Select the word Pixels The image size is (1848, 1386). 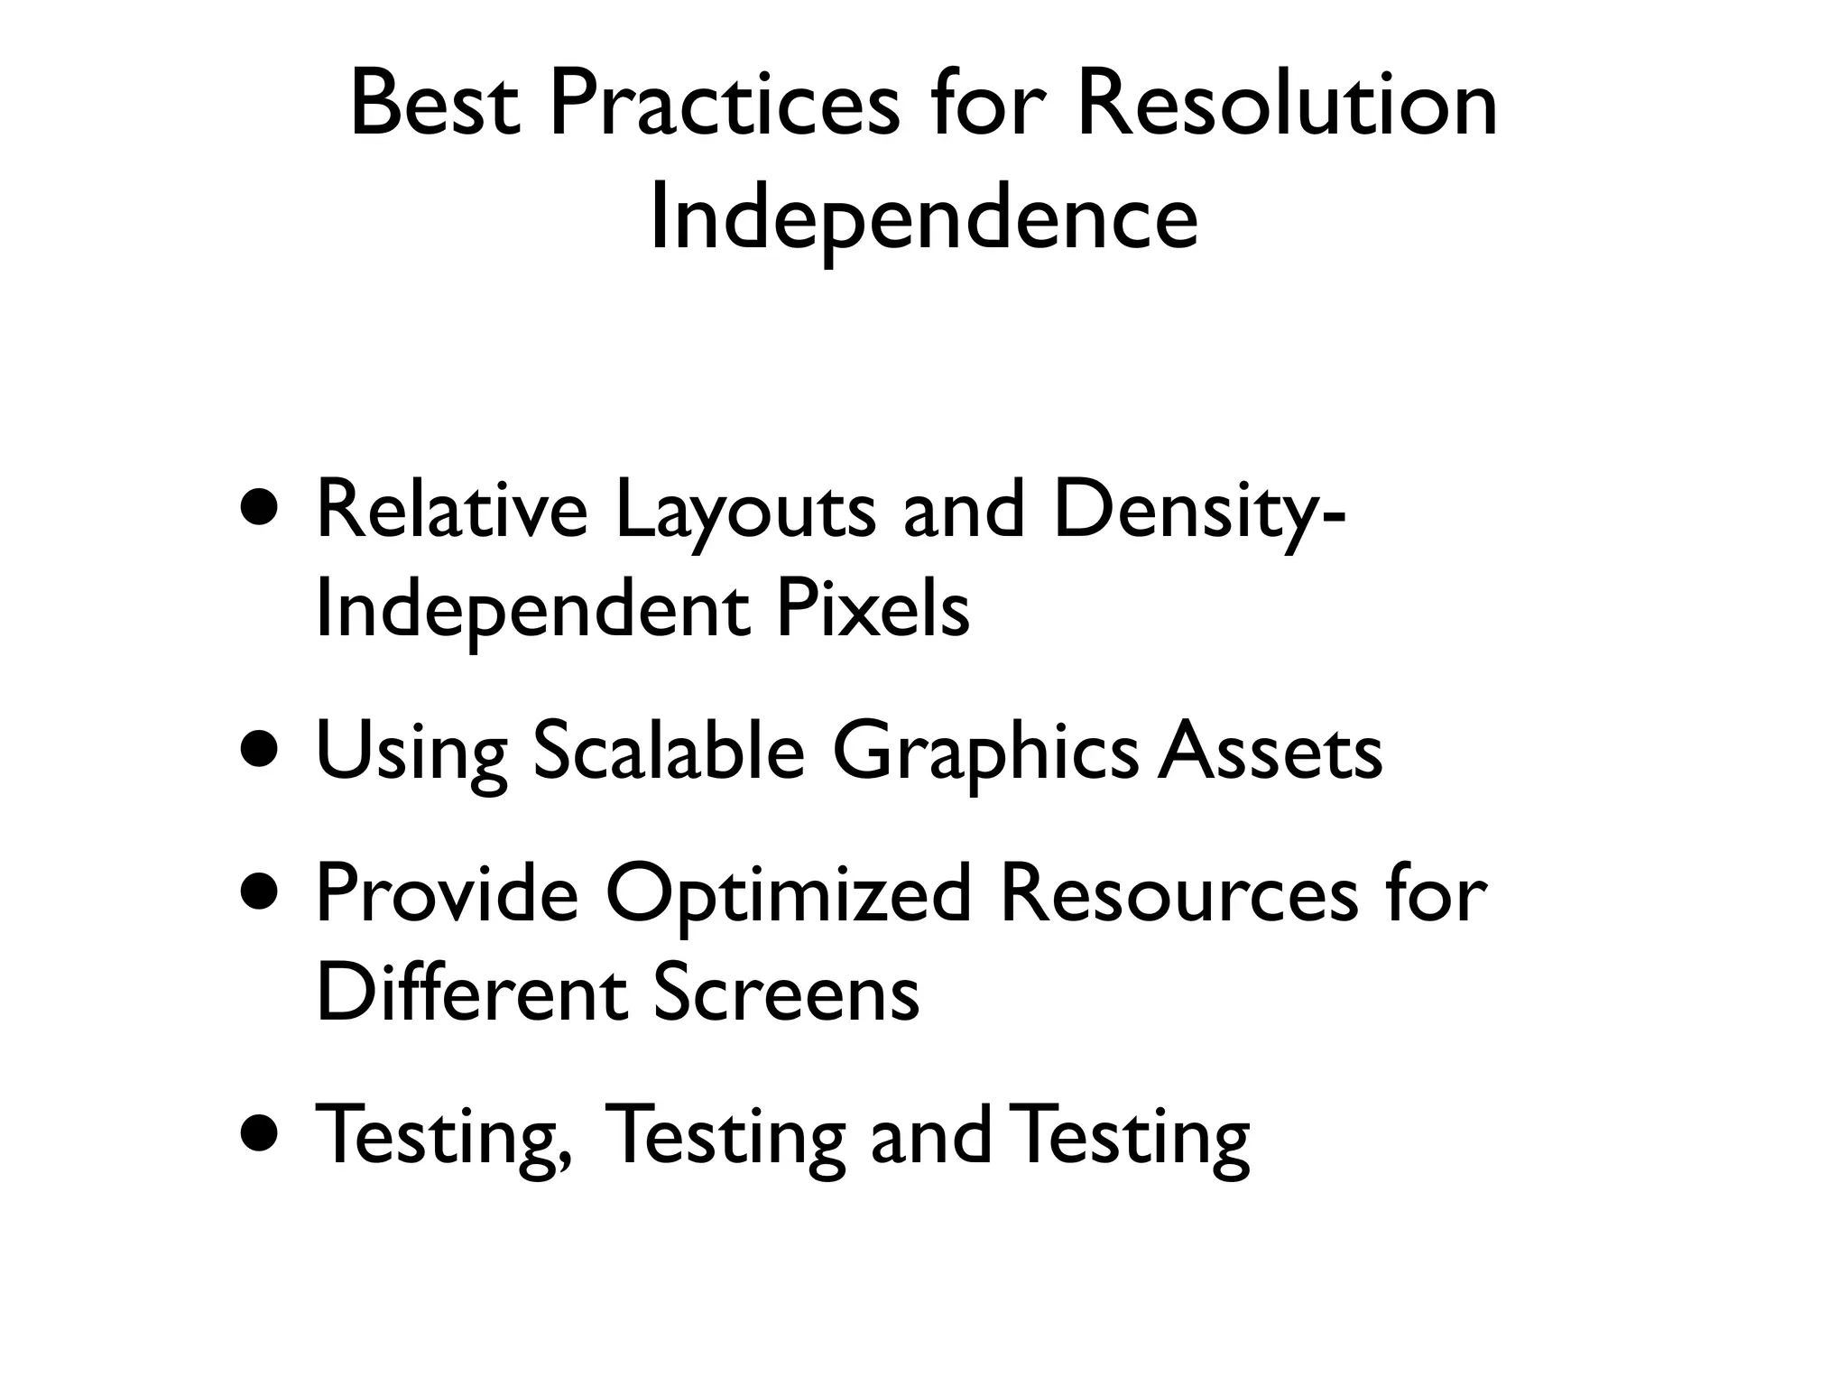(x=872, y=609)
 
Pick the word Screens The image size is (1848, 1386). (x=785, y=992)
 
